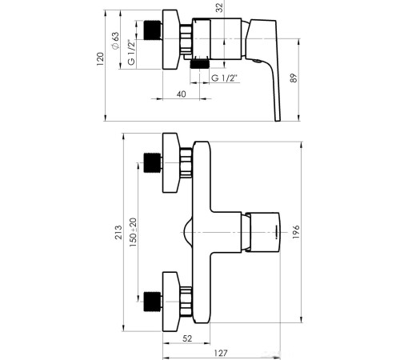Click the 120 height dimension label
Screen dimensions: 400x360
(100, 59)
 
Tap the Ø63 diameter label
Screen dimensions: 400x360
(115, 41)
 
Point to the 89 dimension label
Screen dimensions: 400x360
(293, 78)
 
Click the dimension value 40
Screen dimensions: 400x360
(182, 94)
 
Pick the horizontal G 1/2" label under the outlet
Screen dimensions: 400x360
(224, 78)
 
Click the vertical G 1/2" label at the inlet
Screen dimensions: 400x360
(131, 53)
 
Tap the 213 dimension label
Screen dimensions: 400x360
(118, 232)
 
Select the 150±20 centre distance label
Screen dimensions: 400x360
(133, 232)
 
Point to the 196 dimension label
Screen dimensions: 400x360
(296, 232)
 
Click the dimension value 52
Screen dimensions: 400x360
(187, 338)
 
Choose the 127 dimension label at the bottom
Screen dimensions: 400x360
(221, 353)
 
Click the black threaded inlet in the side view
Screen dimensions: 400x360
(153, 30)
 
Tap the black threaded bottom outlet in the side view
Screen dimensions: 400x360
(199, 64)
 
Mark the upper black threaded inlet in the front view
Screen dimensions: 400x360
(153, 163)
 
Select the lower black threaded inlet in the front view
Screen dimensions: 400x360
(153, 302)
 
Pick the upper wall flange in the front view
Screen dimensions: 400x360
(170, 162)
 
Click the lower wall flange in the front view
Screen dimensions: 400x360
(170, 302)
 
